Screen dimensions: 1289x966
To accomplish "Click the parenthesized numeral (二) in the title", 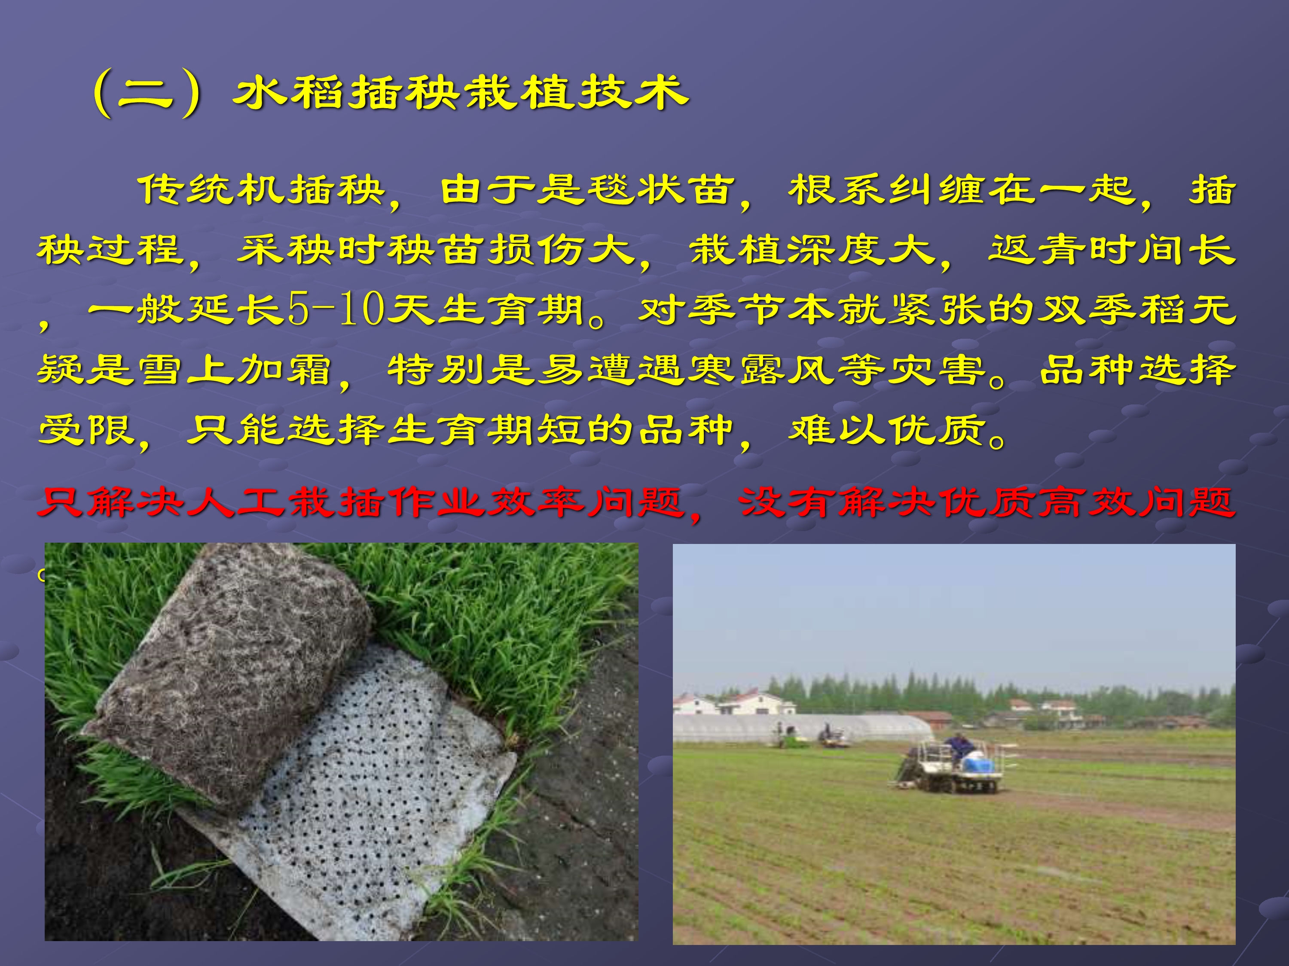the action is click(x=147, y=93).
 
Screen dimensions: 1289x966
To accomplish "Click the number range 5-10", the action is click(x=336, y=309).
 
